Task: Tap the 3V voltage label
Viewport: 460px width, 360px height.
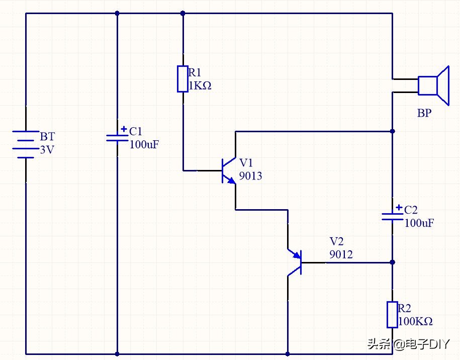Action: click(x=47, y=150)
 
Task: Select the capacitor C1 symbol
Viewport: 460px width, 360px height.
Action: click(x=117, y=138)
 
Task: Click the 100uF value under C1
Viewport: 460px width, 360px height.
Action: click(x=144, y=146)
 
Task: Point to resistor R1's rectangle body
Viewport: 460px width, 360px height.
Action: click(x=182, y=79)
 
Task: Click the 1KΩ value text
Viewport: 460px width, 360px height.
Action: click(x=200, y=86)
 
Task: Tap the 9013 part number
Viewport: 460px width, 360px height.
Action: click(x=250, y=176)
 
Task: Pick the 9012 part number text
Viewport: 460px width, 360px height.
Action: click(x=341, y=255)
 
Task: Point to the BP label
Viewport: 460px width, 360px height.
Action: click(x=424, y=114)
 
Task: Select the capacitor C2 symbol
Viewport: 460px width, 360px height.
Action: click(x=392, y=216)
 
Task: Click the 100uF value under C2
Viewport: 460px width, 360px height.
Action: click(x=419, y=223)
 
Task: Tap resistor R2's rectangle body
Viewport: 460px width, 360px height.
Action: click(x=392, y=314)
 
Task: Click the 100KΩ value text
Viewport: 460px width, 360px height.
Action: click(x=415, y=321)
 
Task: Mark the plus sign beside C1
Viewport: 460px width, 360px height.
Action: click(x=124, y=129)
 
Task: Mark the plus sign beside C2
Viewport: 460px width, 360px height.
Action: click(x=399, y=207)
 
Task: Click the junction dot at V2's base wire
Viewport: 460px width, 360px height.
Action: click(x=392, y=262)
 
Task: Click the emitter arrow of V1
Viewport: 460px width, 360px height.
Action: click(x=232, y=181)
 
